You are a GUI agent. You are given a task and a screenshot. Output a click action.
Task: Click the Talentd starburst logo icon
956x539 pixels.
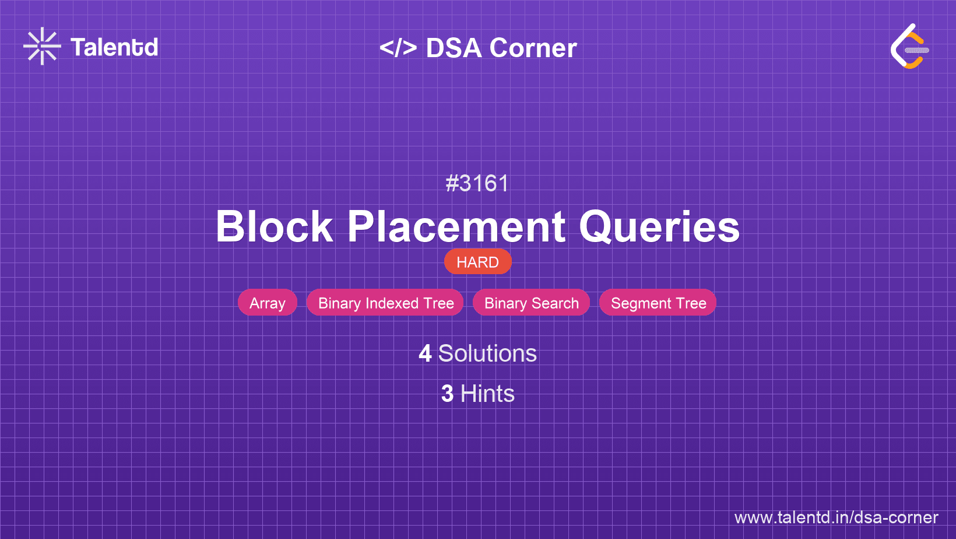[42, 46]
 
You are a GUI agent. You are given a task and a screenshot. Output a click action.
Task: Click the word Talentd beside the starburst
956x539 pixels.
[114, 47]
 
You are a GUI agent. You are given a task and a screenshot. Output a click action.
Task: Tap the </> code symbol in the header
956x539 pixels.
[398, 47]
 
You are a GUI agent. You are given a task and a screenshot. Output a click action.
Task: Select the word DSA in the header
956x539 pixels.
[454, 48]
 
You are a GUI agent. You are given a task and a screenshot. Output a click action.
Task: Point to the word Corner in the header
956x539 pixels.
[533, 48]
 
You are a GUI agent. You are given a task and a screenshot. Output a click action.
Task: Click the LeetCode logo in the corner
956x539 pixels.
[909, 46]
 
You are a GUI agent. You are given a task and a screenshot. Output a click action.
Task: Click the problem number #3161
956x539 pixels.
[477, 184]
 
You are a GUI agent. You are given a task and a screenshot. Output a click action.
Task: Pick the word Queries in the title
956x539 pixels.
[659, 228]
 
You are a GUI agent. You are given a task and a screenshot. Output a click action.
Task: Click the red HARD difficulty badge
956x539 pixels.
[477, 261]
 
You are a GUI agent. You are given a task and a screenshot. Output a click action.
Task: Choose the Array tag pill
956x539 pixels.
[267, 302]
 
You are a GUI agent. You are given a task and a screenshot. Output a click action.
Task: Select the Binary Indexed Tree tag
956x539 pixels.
[385, 302]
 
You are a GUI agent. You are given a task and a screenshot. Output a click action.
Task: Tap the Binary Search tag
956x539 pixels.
[532, 302]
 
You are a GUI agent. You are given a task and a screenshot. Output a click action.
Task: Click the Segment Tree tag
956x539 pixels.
[658, 302]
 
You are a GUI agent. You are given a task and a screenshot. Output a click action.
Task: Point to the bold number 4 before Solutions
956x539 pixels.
[425, 353]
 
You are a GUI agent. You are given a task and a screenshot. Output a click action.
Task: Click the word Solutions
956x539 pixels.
[487, 353]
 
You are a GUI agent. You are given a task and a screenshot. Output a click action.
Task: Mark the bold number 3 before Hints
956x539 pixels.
[447, 394]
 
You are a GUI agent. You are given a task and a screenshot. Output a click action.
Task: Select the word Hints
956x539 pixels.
[487, 393]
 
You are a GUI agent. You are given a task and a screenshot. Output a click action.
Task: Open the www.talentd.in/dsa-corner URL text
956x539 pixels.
[836, 517]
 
